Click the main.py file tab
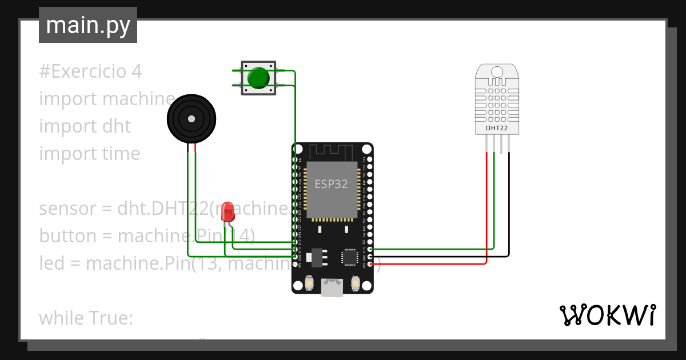pos(87,25)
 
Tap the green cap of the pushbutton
pos(258,78)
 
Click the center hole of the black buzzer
pos(190,119)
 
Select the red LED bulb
pos(228,211)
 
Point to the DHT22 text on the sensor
pos(497,128)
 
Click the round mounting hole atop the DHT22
pos(497,72)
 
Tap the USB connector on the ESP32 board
pos(332,287)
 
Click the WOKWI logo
pos(607,315)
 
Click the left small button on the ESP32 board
pos(309,283)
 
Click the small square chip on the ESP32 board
pos(349,257)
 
